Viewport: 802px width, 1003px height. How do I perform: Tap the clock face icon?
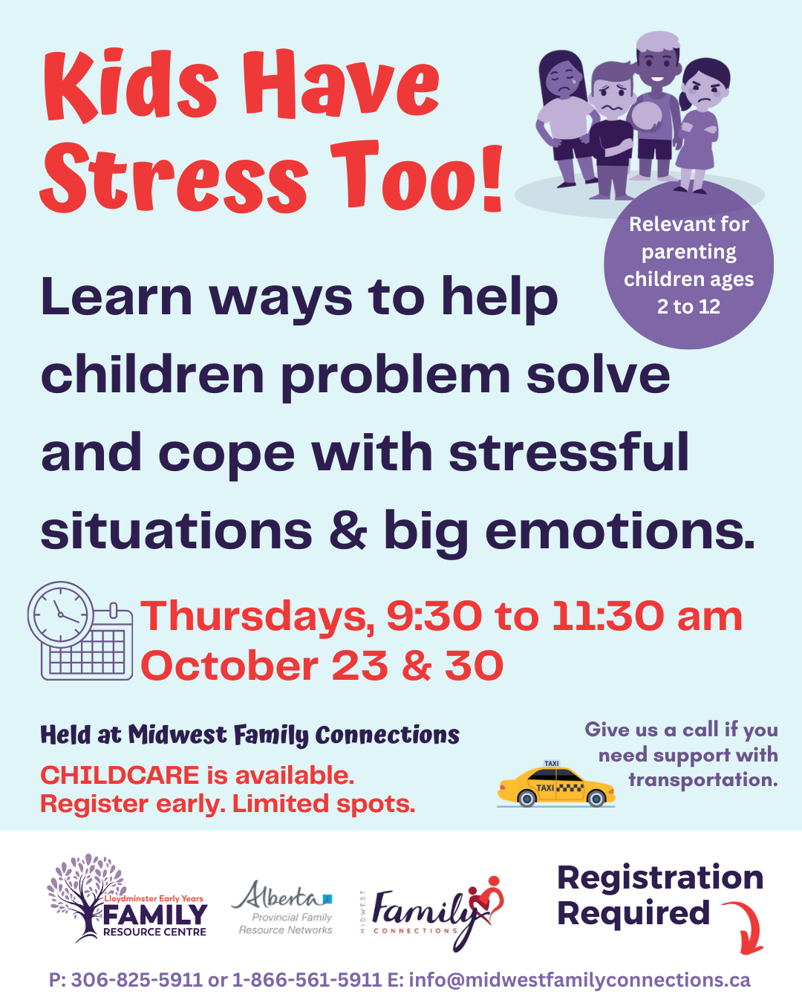(61, 614)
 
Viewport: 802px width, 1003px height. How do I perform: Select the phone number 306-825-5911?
(137, 980)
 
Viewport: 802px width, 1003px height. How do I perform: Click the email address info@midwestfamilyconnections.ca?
(580, 981)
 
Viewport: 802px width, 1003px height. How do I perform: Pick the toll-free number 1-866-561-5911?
(307, 980)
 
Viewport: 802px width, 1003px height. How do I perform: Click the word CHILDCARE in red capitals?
(120, 776)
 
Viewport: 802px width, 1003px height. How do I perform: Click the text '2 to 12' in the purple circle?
(688, 306)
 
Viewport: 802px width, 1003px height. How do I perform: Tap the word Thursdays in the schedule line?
(258, 617)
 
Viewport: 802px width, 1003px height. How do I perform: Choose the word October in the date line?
(229, 666)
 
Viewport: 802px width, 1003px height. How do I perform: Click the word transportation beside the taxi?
(703, 780)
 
